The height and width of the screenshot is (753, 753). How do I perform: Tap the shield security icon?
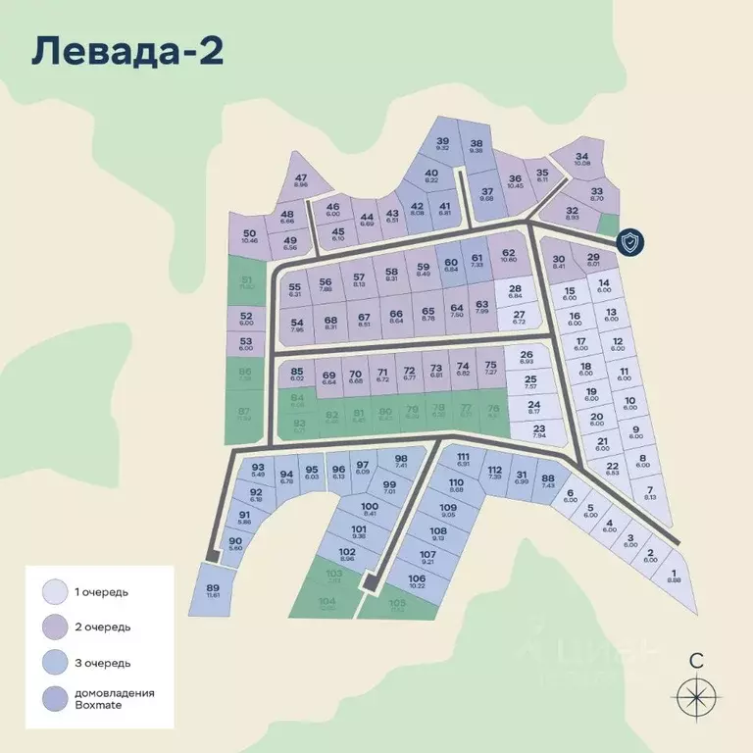(x=630, y=242)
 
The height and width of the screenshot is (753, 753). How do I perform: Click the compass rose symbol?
(x=696, y=697)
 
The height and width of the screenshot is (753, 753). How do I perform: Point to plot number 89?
(x=214, y=590)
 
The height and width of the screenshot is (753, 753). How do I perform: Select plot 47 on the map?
(x=300, y=181)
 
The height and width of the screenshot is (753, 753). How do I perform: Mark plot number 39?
(x=442, y=145)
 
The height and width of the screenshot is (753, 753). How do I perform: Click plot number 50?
(x=249, y=236)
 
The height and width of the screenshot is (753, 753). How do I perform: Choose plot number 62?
(x=508, y=257)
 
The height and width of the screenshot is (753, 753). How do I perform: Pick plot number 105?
(x=397, y=605)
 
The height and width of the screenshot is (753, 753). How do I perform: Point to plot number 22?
(x=612, y=469)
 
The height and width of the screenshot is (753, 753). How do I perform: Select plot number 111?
(x=464, y=460)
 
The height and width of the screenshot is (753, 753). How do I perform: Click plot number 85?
(x=297, y=375)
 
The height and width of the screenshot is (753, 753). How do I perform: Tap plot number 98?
(x=400, y=462)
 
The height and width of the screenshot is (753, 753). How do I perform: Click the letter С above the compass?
(x=696, y=660)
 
